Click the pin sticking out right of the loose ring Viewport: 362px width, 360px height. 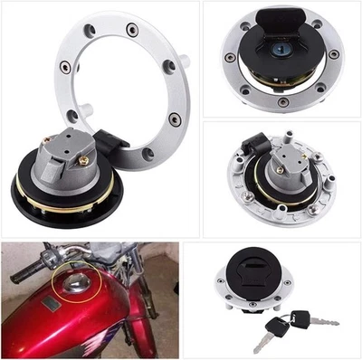click(185, 60)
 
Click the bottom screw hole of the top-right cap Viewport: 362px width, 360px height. click(284, 102)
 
